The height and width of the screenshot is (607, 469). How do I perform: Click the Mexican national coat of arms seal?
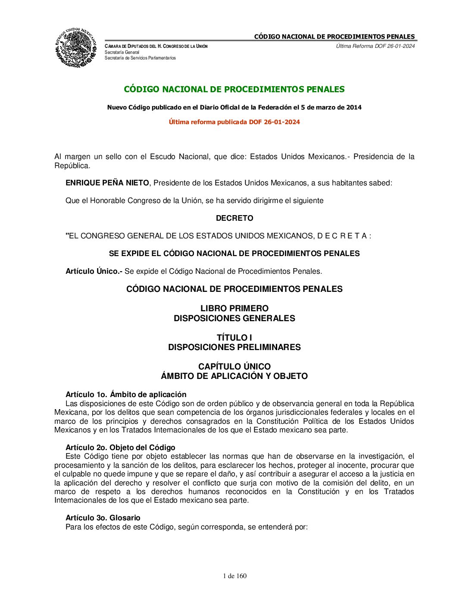(x=75, y=47)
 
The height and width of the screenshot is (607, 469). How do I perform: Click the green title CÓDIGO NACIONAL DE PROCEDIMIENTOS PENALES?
(x=234, y=89)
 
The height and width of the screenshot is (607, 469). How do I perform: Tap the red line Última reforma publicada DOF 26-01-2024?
(x=234, y=122)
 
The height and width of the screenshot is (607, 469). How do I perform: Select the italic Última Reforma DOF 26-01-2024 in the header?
(x=375, y=46)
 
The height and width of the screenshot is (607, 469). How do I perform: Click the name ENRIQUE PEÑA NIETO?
(x=107, y=183)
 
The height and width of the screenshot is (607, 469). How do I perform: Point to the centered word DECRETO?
(x=234, y=218)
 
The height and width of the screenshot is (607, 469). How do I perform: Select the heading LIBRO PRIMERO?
(x=234, y=308)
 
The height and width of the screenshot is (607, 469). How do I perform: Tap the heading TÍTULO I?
(x=234, y=338)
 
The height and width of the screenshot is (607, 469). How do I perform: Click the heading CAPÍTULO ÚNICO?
(x=234, y=366)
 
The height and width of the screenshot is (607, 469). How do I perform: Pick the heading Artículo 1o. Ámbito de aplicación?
(x=126, y=394)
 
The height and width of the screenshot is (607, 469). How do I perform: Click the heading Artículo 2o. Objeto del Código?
(x=120, y=447)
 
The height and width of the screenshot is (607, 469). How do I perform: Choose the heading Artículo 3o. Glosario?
(x=103, y=518)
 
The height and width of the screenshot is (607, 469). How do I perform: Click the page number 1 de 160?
(x=235, y=576)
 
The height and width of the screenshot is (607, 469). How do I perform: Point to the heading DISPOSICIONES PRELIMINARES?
(x=234, y=347)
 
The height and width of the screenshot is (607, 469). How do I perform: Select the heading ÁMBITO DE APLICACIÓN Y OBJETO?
(x=234, y=376)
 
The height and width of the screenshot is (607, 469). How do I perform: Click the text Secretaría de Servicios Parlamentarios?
(x=140, y=58)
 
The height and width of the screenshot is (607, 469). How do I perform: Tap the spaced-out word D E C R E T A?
(x=342, y=236)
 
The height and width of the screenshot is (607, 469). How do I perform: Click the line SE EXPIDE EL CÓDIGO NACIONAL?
(x=234, y=253)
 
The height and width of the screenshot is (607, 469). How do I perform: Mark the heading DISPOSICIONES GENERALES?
(x=234, y=318)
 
